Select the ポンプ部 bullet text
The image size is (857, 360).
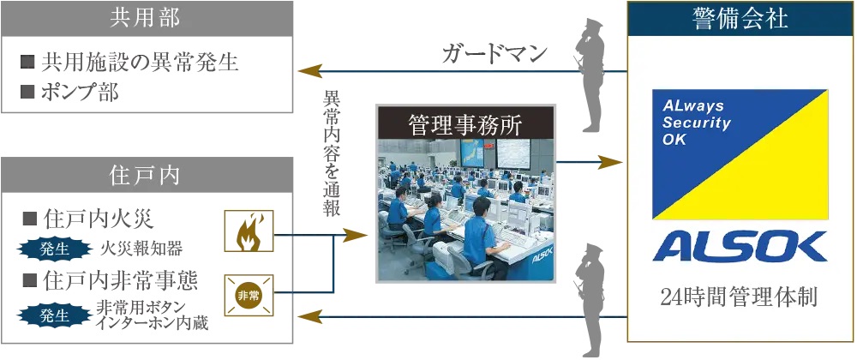[81, 92]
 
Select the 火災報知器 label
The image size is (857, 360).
[141, 249]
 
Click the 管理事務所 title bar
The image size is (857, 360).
[465, 123]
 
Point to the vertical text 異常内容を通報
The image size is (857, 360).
[331, 155]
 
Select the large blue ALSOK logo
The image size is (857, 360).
[740, 247]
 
